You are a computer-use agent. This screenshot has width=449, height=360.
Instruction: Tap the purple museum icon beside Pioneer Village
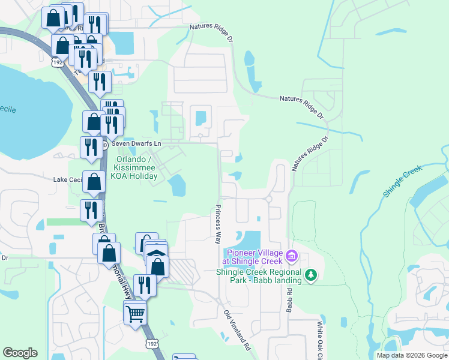[x=292, y=257]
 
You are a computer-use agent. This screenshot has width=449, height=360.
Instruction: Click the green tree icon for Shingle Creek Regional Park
[x=310, y=275]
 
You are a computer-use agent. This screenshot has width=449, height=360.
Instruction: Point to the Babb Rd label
[x=289, y=298]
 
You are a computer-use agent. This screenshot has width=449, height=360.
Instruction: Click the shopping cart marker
[x=136, y=312]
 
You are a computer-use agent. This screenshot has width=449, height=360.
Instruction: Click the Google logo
[x=20, y=353]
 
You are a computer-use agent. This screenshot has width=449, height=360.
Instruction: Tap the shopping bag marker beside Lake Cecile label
[x=94, y=182]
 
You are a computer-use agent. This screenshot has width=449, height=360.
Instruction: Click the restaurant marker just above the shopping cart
[x=145, y=284]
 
